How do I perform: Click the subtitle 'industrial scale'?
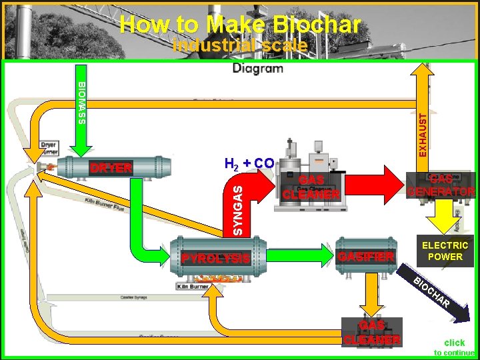(240, 46)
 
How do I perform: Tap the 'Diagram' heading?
(257, 68)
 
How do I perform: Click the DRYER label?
(111, 168)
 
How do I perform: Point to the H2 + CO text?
(249, 163)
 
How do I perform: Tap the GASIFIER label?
(366, 257)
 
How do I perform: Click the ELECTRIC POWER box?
(445, 251)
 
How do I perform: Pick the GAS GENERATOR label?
(441, 185)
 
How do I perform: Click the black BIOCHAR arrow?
(440, 297)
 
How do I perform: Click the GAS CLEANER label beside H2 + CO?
(311, 187)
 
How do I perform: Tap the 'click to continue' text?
(454, 347)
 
